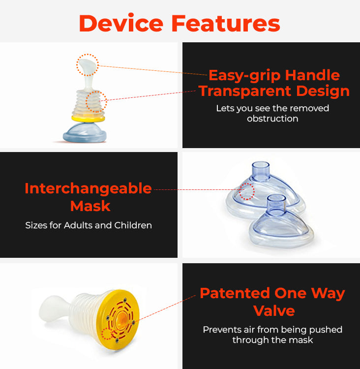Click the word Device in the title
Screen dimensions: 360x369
pyautogui.click(x=121, y=23)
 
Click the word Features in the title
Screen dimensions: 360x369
pyautogui.click(x=226, y=23)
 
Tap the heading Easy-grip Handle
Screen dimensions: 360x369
pyautogui.click(x=274, y=76)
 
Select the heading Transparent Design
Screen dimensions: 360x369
pyautogui.click(x=274, y=91)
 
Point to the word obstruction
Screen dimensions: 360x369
pyautogui.click(x=272, y=119)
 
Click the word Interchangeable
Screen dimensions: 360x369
pyautogui.click(x=88, y=188)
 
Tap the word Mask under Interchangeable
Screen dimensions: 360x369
pyautogui.click(x=90, y=206)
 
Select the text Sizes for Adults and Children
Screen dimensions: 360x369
pyautogui.click(x=89, y=225)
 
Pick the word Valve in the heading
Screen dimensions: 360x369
pyautogui.click(x=274, y=311)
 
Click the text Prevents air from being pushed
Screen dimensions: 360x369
pyautogui.click(x=272, y=330)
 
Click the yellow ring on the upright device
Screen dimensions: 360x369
pyautogui.click(x=88, y=119)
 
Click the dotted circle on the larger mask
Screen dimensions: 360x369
pyautogui.click(x=247, y=191)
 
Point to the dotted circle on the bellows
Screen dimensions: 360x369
pyautogui.click(x=96, y=102)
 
